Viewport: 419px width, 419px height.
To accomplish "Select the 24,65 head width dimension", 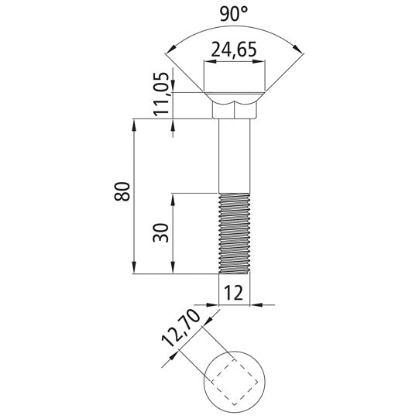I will pos(234,52).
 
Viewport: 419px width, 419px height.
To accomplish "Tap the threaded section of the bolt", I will pos(235,232).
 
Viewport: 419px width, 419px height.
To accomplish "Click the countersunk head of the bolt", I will pos(235,98).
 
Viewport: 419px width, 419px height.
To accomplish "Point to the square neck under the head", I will pos(235,112).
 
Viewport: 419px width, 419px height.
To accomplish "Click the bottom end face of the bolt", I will pos(235,273).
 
